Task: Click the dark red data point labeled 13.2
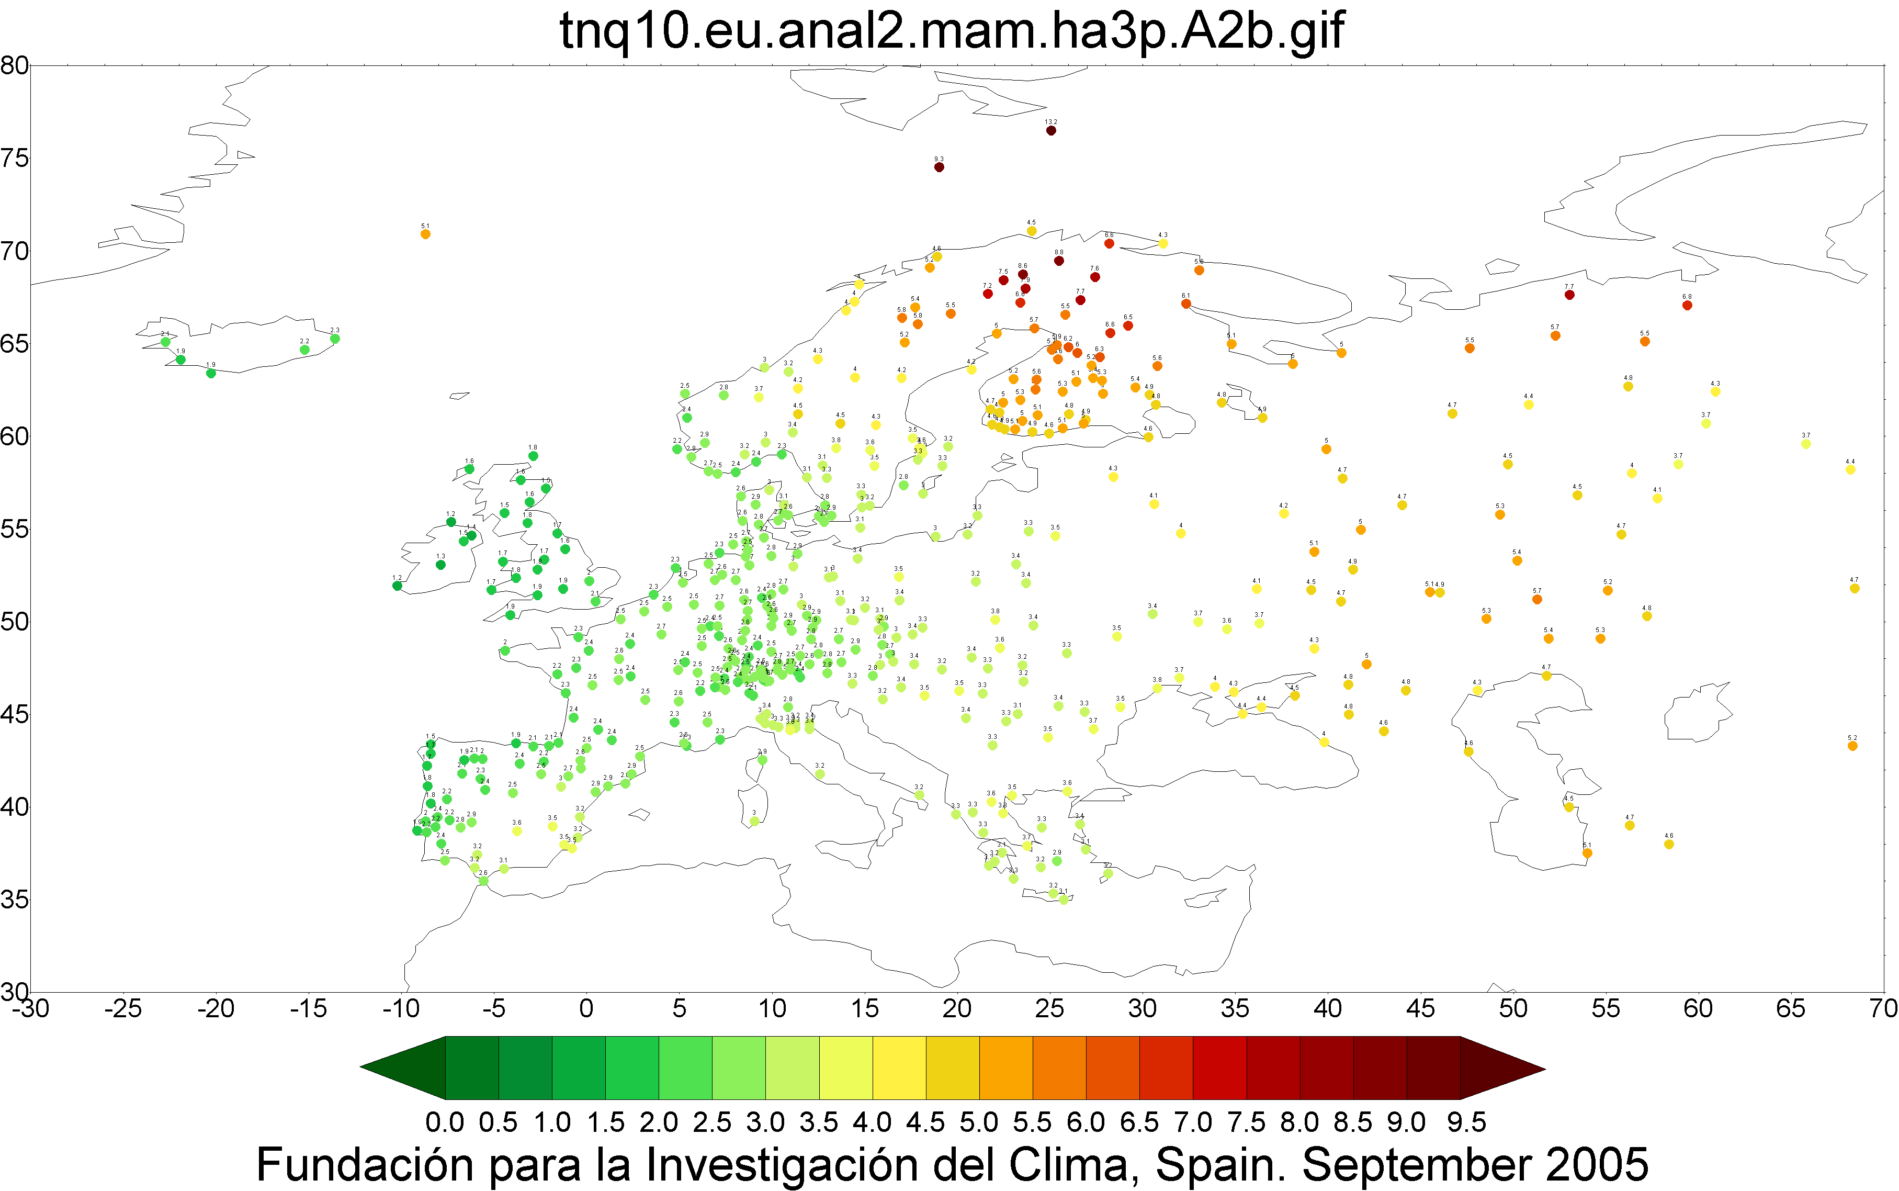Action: (x=1051, y=131)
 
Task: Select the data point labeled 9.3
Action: (x=939, y=167)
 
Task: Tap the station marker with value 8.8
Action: (x=1059, y=261)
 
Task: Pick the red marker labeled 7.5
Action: (x=1003, y=279)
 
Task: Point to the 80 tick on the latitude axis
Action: (x=14, y=65)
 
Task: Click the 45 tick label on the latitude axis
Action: (x=14, y=714)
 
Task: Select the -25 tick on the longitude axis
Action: (x=123, y=1008)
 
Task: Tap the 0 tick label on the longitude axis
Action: (x=586, y=1008)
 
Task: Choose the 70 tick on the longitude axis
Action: (x=1883, y=1008)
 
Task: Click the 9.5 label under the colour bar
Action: (x=1466, y=1122)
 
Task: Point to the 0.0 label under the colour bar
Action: (x=445, y=1122)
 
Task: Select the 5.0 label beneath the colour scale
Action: (x=979, y=1122)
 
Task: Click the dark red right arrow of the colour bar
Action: (x=1502, y=1068)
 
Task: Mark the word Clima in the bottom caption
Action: (x=1072, y=1164)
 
